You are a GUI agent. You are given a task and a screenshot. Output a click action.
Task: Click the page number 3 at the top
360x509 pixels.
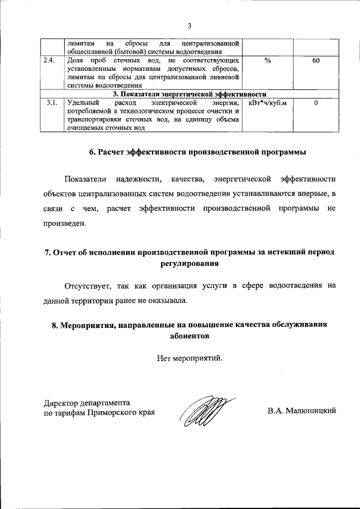[190, 25]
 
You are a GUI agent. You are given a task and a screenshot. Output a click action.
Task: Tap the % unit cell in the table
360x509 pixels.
[267, 60]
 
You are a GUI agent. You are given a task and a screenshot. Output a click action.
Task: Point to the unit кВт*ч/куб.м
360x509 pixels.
[267, 103]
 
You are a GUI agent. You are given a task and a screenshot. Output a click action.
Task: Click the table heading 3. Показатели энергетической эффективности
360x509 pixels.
[190, 94]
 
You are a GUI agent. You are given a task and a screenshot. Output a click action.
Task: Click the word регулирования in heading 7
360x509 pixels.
[190, 263]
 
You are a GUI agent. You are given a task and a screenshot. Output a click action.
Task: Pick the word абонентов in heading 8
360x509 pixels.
[190, 336]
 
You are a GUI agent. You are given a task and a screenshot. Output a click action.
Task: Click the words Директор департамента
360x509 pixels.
[87, 402]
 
